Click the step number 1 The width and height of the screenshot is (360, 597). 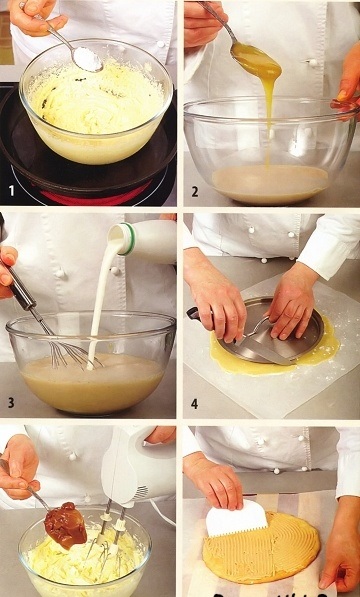click(x=12, y=190)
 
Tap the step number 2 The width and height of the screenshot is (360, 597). click(x=194, y=192)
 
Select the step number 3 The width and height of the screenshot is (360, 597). click(x=11, y=403)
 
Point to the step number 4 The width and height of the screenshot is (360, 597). click(x=194, y=404)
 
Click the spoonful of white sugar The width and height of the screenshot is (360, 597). click(x=88, y=59)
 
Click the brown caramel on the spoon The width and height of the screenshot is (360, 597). click(x=65, y=525)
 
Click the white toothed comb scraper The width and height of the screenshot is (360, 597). click(x=237, y=518)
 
